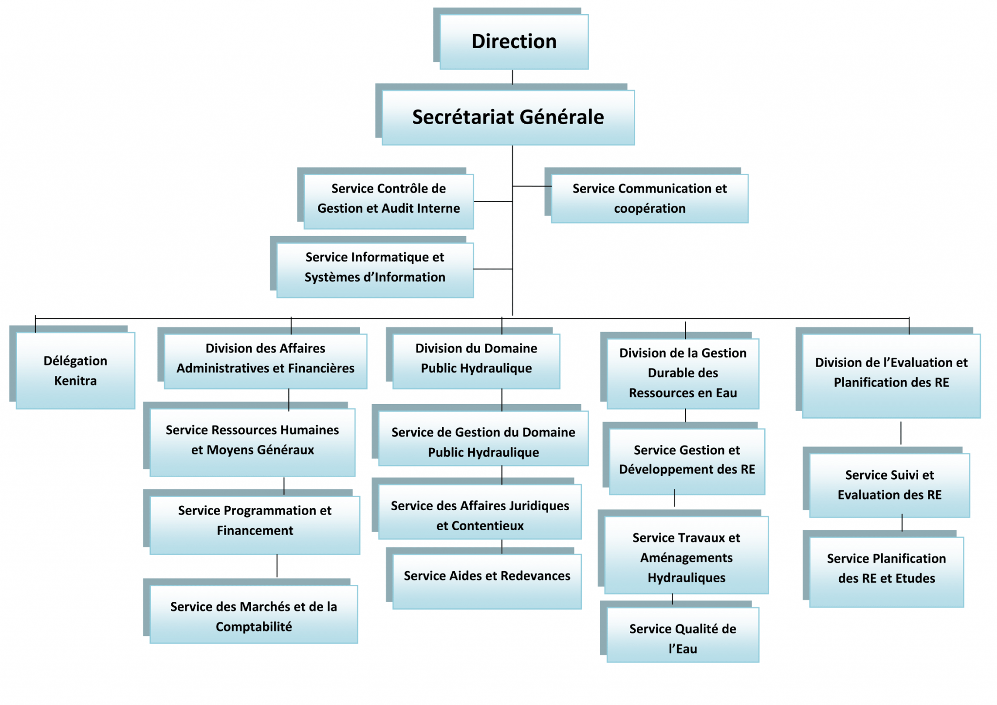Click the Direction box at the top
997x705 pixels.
tap(514, 42)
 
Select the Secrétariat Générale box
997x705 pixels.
tap(508, 117)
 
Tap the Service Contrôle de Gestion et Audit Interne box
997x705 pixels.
tap(388, 202)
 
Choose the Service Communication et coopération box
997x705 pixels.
tap(649, 199)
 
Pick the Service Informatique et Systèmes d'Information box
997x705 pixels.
tap(375, 270)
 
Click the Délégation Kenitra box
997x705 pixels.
tap(75, 371)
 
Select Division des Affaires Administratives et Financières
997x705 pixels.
tap(265, 361)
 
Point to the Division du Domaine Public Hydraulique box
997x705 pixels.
tap(476, 361)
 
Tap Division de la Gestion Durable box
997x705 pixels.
tap(683, 374)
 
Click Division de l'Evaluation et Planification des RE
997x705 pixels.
tap(891, 376)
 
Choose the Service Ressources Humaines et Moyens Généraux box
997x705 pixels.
tap(252, 443)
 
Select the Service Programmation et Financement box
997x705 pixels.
tap(255, 525)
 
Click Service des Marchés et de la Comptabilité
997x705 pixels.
tap(254, 614)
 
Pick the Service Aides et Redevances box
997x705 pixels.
tap(487, 582)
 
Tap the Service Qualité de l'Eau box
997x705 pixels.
tap(683, 635)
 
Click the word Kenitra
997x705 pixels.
tap(75, 381)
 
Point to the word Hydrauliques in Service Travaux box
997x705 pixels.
tap(686, 578)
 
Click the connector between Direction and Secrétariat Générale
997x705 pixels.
tap(513, 77)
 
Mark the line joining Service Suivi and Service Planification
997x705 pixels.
tap(902, 523)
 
